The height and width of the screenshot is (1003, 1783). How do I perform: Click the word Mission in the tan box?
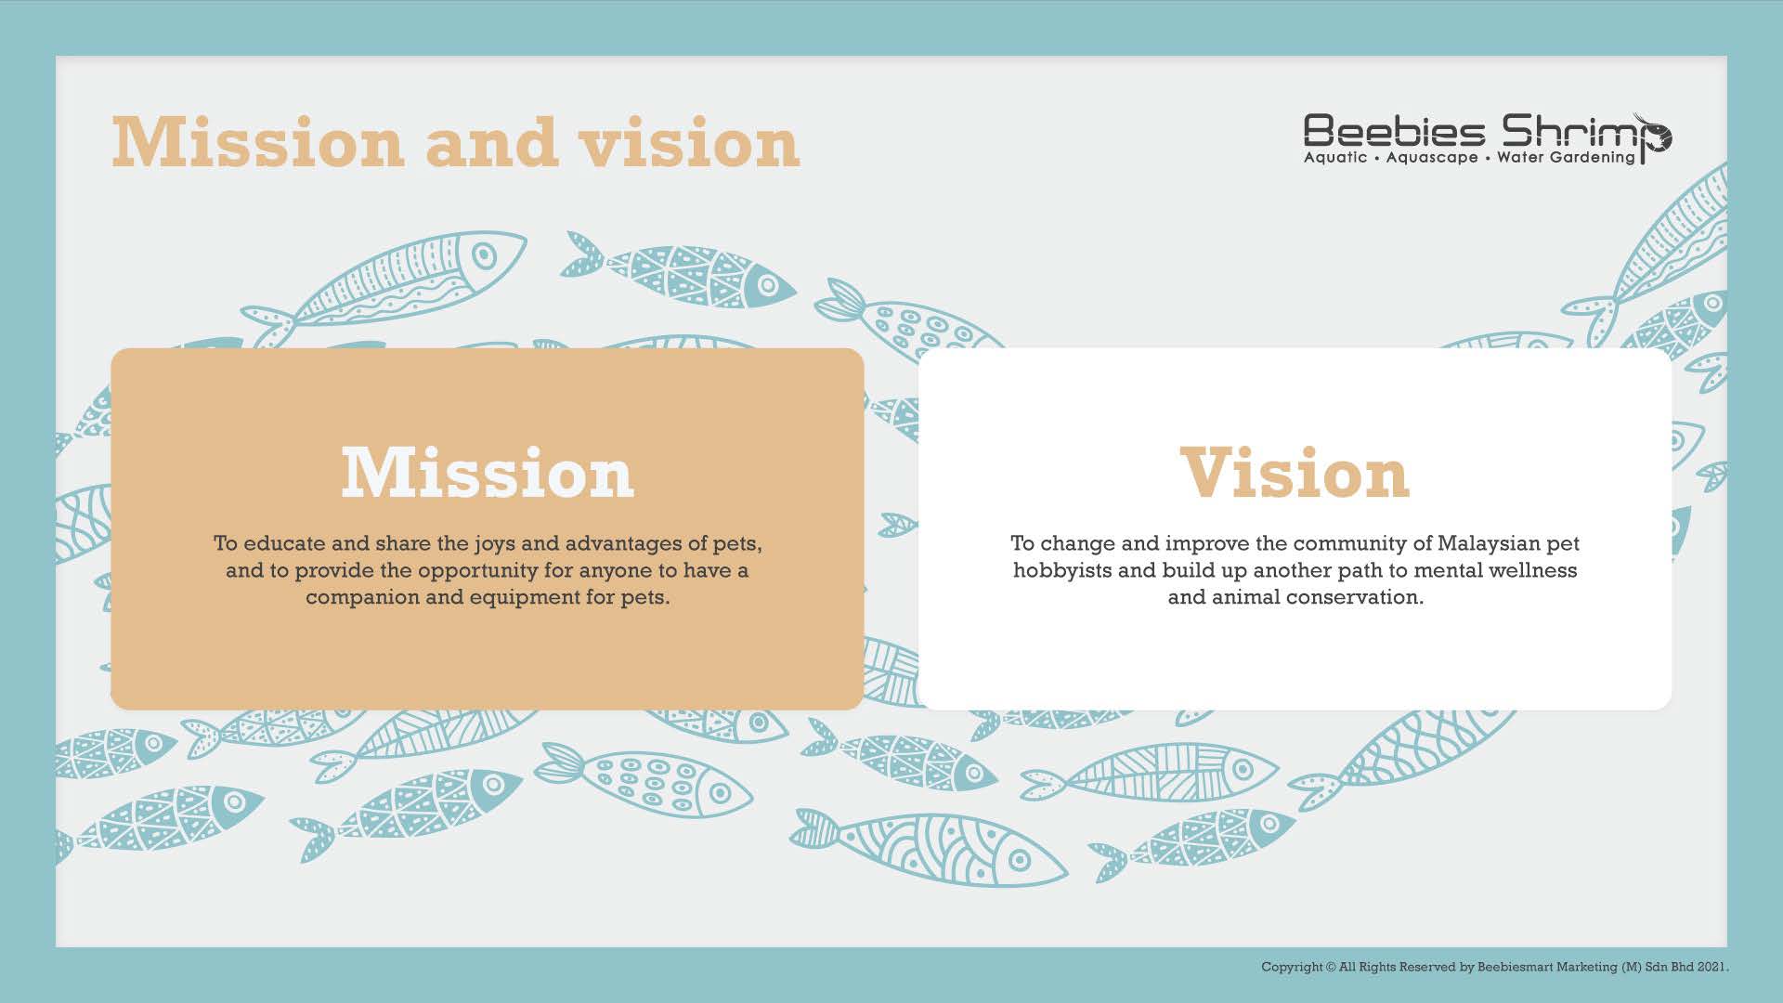[x=488, y=473]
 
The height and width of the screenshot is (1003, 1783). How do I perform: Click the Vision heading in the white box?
[x=1295, y=473]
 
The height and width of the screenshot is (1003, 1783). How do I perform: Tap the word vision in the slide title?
[x=688, y=143]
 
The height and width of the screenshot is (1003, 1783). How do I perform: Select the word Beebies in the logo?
[x=1394, y=131]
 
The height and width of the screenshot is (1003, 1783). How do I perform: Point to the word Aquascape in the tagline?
[x=1432, y=158]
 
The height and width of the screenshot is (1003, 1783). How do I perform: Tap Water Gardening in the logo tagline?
[x=1566, y=158]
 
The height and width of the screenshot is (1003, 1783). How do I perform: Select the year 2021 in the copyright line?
[x=1713, y=968]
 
